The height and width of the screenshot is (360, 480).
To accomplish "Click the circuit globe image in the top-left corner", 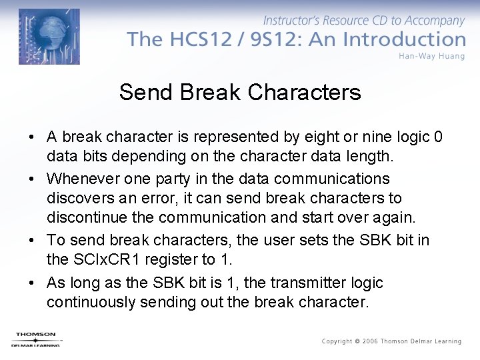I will click(49, 36).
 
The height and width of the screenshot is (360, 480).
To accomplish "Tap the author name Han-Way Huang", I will click(431, 56).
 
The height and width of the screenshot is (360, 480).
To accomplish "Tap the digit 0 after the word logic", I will click(437, 137).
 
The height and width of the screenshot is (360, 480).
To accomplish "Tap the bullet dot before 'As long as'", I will click(32, 283).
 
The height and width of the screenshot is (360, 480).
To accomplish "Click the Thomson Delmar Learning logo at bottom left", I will click(36, 339).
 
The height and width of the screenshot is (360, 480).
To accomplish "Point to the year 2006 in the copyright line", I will click(369, 341).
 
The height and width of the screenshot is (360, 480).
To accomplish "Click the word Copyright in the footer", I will click(337, 341).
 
